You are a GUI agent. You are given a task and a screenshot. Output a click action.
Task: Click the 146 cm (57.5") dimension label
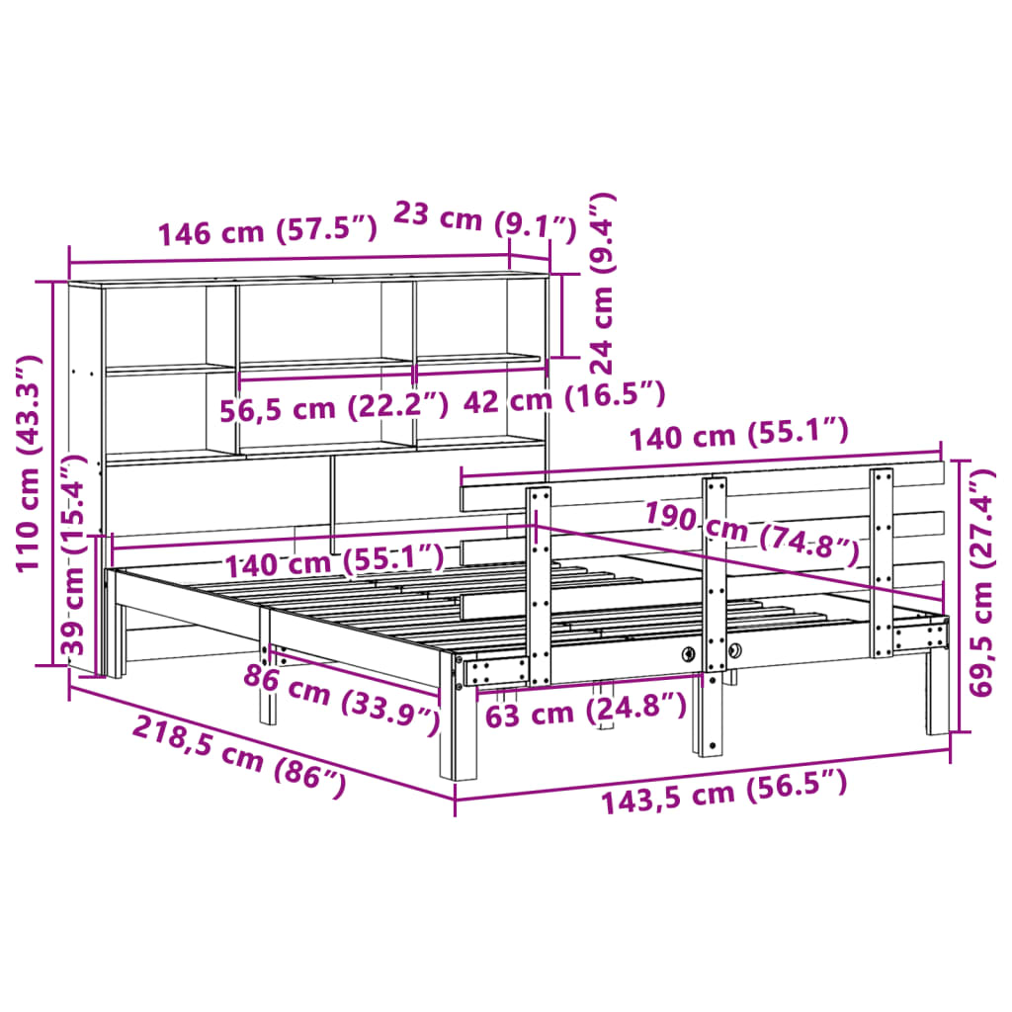(267, 232)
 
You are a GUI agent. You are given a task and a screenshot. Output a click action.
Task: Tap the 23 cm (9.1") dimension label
(484, 218)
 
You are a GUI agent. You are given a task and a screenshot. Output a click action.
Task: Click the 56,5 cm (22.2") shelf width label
(334, 405)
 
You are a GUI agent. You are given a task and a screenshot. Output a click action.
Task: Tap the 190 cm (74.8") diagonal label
(751, 534)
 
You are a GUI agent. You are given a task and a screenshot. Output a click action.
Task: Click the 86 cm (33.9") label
(342, 698)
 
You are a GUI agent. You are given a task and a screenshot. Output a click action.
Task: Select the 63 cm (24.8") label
(585, 710)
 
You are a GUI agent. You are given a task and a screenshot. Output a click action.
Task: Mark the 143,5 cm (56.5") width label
(724, 792)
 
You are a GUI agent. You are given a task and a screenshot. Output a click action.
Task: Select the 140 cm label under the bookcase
(333, 563)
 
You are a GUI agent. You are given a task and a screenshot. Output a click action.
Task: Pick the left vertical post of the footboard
(539, 583)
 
